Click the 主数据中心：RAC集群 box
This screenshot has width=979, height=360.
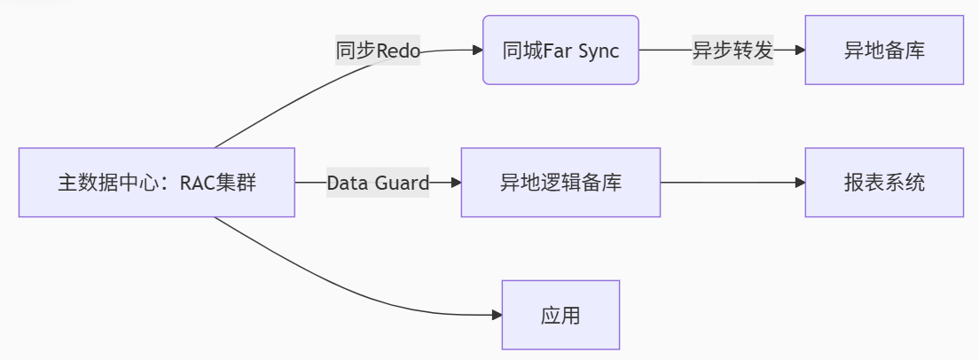click(157, 183)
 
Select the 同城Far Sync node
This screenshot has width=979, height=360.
click(560, 51)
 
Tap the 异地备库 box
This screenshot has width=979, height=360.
click(884, 51)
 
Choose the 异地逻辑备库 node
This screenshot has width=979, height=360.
click(560, 183)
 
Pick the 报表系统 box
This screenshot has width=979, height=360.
click(884, 183)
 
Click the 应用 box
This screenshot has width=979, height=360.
click(560, 315)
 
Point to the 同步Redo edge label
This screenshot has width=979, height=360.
click(378, 51)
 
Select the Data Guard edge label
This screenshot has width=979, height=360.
click(378, 183)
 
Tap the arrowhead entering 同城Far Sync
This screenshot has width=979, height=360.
click(477, 51)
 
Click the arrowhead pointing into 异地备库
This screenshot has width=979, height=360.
click(800, 51)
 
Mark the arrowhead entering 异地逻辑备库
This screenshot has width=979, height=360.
click(456, 183)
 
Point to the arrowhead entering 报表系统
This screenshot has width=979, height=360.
click(800, 183)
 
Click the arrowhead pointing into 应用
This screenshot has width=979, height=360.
click(497, 315)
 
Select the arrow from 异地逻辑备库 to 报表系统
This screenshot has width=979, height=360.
click(732, 183)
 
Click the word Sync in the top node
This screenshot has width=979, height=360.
click(598, 51)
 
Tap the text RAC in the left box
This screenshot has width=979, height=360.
click(198, 184)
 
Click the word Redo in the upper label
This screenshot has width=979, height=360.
click(398, 51)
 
